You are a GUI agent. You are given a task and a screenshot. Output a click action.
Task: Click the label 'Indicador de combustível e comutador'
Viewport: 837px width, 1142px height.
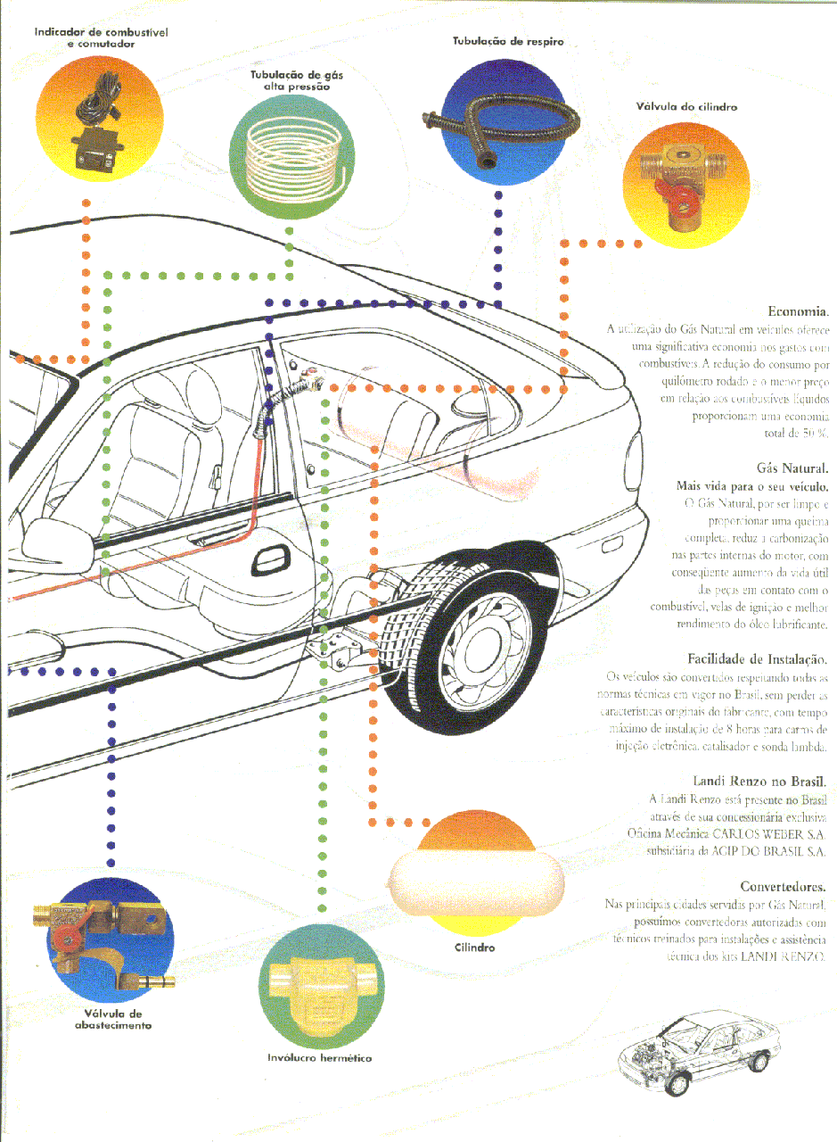[x=101, y=37]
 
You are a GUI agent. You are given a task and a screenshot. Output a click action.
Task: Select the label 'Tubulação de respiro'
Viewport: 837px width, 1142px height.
[x=506, y=42]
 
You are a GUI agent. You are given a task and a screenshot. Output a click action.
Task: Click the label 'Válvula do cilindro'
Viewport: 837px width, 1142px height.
[x=685, y=107]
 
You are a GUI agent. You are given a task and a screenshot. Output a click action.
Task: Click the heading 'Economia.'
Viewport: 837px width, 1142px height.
[x=799, y=311]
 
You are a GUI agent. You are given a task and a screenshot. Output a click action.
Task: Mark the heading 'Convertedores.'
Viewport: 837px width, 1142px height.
[x=782, y=886]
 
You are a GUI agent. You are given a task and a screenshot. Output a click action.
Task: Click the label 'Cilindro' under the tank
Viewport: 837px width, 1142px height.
[x=474, y=947]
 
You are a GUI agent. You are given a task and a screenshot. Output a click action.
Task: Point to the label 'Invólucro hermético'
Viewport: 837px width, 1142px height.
[x=319, y=1057]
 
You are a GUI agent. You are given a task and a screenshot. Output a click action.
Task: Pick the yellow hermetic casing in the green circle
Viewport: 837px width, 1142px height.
[x=320, y=987]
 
